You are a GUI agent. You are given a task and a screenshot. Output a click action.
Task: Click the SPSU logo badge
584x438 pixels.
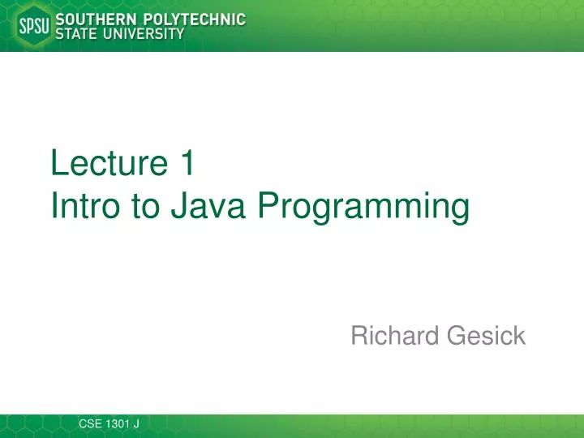coord(33,26)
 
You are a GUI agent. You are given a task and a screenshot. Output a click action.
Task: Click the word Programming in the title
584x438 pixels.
coord(364,208)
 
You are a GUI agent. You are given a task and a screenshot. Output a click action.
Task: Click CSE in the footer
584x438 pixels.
coord(91,423)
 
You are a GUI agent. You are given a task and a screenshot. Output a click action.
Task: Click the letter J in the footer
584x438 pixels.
coord(137,423)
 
